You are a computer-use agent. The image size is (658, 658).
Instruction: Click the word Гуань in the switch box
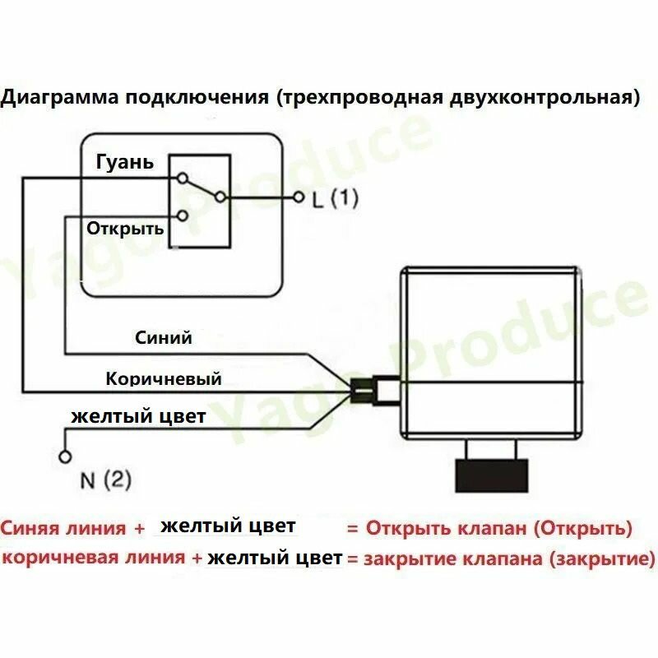pyautogui.click(x=125, y=162)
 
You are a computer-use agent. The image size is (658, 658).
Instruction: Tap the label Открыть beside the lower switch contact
pyautogui.click(x=125, y=229)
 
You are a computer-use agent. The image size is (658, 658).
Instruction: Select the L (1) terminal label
pyautogui.click(x=336, y=198)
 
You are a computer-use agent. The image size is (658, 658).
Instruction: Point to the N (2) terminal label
pyautogui.click(x=106, y=480)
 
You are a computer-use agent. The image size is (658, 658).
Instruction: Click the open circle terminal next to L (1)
pyautogui.click(x=299, y=197)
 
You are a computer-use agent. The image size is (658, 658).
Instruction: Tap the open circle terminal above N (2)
pyautogui.click(x=65, y=456)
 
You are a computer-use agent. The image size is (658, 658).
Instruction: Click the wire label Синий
pyautogui.click(x=163, y=338)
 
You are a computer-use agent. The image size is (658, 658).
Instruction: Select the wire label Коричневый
pyautogui.click(x=164, y=378)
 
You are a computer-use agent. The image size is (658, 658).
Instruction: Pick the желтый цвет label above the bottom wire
pyautogui.click(x=138, y=417)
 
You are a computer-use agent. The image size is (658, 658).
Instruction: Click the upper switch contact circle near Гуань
pyautogui.click(x=182, y=178)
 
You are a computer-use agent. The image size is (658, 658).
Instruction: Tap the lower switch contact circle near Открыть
pyautogui.click(x=182, y=215)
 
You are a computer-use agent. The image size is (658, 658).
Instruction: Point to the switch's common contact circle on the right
pyautogui.click(x=220, y=197)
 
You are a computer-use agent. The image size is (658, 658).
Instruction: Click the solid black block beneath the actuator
pyautogui.click(x=491, y=475)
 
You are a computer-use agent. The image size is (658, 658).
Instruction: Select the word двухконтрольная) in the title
pyautogui.click(x=544, y=97)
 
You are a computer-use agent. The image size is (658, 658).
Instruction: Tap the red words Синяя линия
pyautogui.click(x=63, y=528)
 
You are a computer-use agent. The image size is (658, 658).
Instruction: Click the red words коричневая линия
pyautogui.click(x=94, y=558)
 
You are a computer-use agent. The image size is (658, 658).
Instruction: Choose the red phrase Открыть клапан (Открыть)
pyautogui.click(x=499, y=528)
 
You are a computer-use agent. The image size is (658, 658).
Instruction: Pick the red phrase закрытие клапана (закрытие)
pyautogui.click(x=509, y=559)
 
